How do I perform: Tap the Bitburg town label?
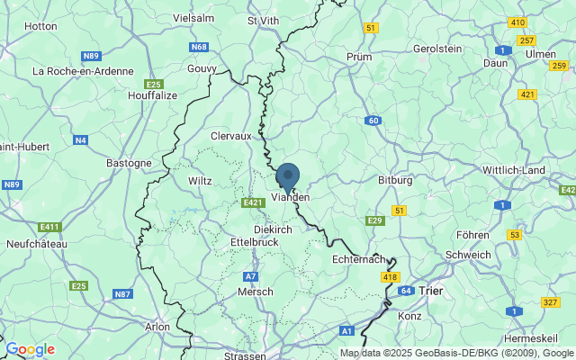coord(395,180)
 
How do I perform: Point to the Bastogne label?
coord(130,163)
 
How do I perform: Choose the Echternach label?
coord(358,258)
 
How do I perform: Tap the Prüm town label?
coord(358,57)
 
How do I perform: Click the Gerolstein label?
coord(436,49)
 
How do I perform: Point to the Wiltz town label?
coord(200,181)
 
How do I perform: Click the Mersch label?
coord(255,292)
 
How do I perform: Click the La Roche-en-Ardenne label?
coord(83,71)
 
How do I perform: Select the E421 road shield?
coord(253,203)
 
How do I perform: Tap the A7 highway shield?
coord(251,276)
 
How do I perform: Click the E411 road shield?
coord(50,227)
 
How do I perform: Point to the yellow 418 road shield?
coord(390,277)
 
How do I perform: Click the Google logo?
coord(30,349)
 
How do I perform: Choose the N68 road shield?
coord(199,47)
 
